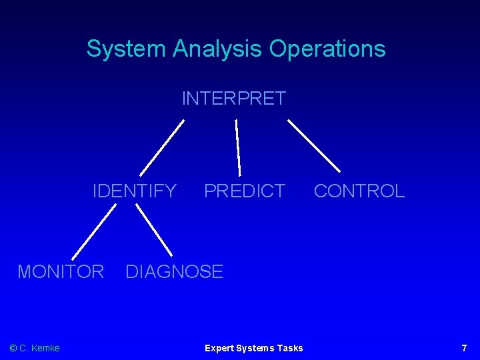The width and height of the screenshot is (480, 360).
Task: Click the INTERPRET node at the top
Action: pyautogui.click(x=233, y=99)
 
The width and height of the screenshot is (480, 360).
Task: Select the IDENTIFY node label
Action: pyautogui.click(x=134, y=191)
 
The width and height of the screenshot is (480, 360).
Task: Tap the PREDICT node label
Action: pyautogui.click(x=244, y=191)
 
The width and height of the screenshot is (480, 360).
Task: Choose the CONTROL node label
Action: pyautogui.click(x=359, y=191)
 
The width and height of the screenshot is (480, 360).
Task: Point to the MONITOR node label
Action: pyautogui.click(x=61, y=272)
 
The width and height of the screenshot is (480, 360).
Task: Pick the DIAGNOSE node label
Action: pyautogui.click(x=174, y=272)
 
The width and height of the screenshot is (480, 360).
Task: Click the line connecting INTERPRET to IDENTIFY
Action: pyautogui.click(x=162, y=147)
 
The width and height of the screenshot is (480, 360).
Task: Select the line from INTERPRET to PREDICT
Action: pyautogui.click(x=238, y=147)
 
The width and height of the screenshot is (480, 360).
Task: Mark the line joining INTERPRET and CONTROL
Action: pyautogui.click(x=313, y=146)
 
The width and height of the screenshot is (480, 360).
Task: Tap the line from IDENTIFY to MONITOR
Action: pyautogui.click(x=93, y=231)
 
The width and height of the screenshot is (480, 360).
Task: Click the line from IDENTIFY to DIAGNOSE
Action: pyautogui.click(x=154, y=231)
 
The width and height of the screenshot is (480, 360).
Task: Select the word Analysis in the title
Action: pyautogui.click(x=218, y=49)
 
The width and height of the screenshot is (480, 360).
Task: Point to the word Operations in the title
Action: pyautogui.click(x=327, y=49)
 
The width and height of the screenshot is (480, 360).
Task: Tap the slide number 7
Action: pyautogui.click(x=464, y=348)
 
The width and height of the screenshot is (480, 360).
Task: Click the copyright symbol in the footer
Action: pyautogui.click(x=13, y=348)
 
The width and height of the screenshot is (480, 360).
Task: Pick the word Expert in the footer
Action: pyautogui.click(x=219, y=348)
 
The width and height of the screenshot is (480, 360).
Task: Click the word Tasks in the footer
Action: pyautogui.click(x=289, y=348)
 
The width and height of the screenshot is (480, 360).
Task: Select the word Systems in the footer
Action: pyautogui.click(x=254, y=348)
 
